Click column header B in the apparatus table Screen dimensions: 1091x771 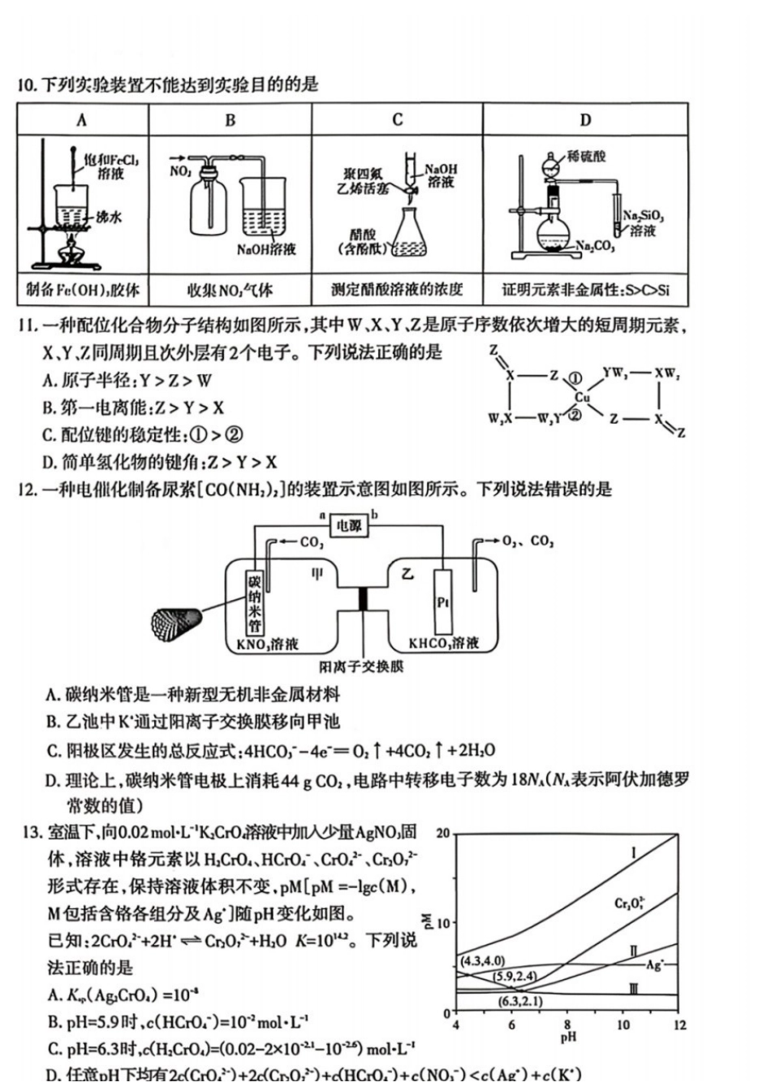tap(230, 120)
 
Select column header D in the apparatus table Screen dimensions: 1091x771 tap(585, 120)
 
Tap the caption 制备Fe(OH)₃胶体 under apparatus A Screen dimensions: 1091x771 tap(83, 290)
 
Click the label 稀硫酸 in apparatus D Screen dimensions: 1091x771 tap(586, 156)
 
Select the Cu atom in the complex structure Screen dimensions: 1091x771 tap(582, 398)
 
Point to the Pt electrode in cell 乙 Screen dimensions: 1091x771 tap(443, 602)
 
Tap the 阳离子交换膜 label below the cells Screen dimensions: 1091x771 tap(361, 666)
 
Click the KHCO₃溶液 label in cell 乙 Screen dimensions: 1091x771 tap(443, 644)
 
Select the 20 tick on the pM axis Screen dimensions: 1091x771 tap(442, 834)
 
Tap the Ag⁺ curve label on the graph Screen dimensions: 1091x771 tap(654, 965)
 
